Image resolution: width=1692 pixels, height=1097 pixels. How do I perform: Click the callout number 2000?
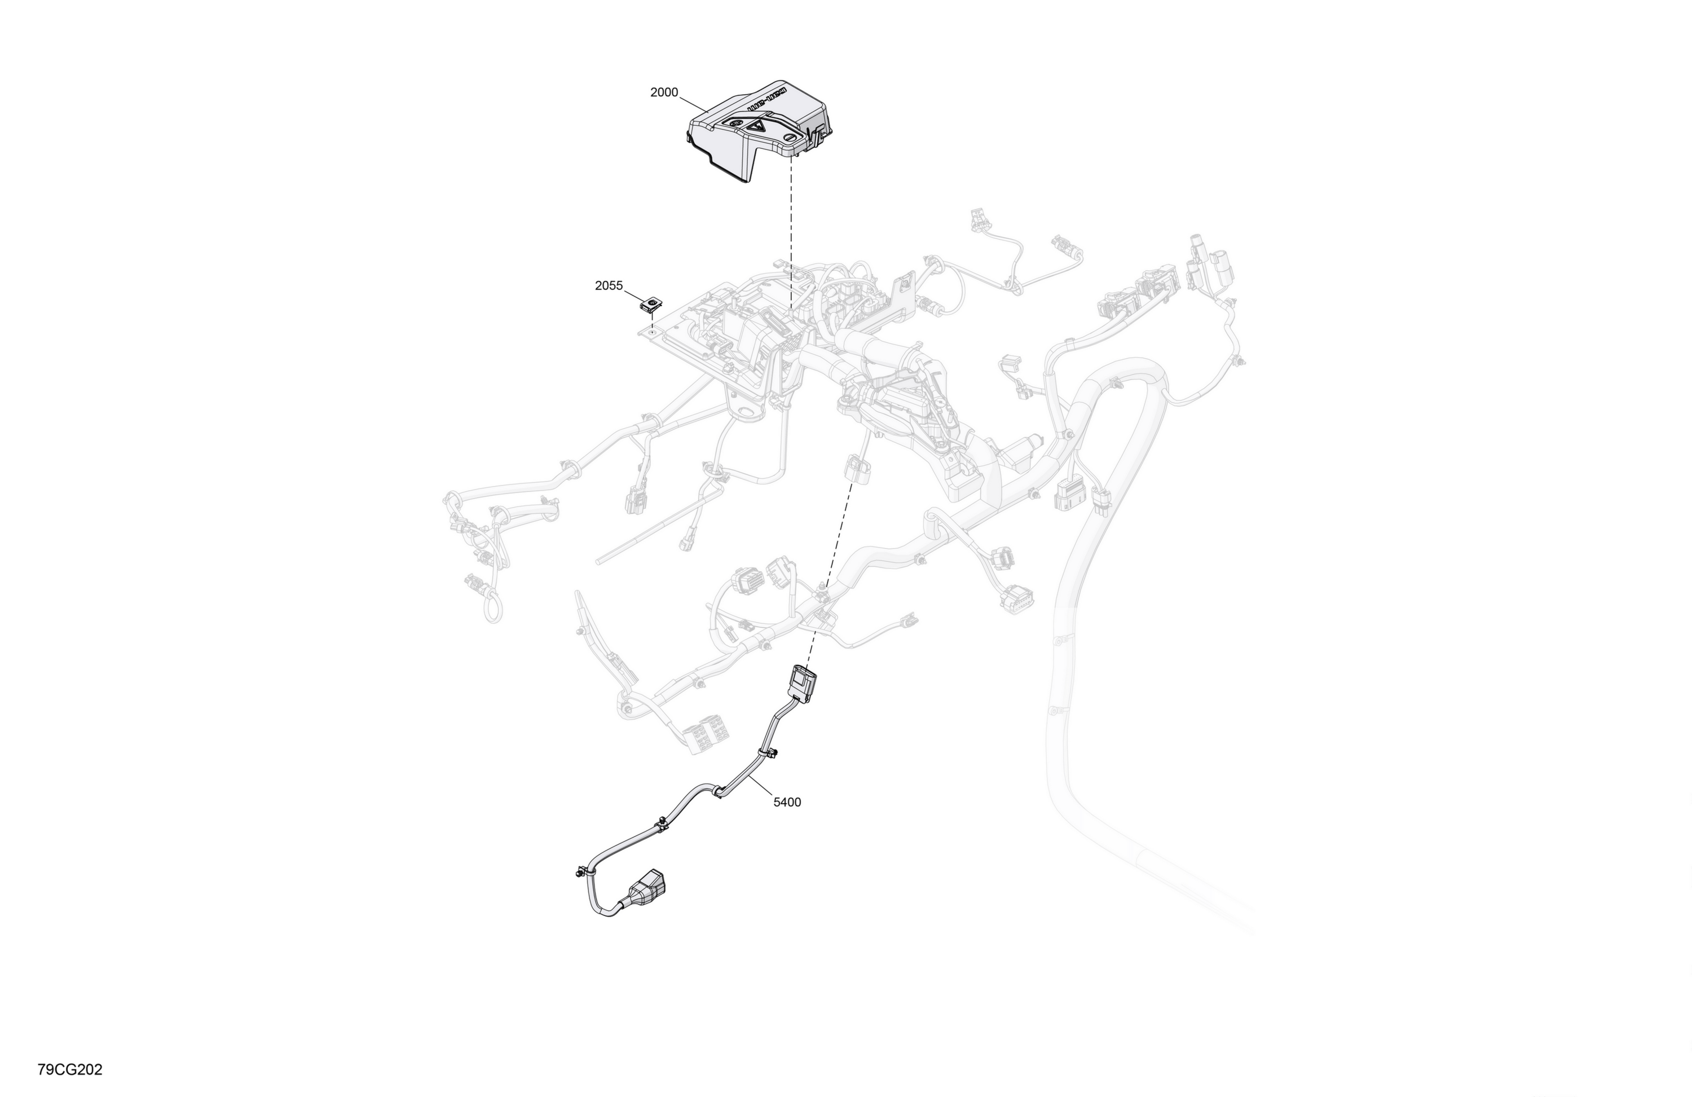point(664,92)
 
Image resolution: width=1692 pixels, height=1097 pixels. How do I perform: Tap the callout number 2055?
point(609,286)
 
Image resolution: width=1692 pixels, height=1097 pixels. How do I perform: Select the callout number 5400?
point(787,802)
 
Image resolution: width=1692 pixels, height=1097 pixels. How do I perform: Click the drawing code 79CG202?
point(70,1069)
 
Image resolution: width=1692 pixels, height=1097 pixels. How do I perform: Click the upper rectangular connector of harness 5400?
point(801,683)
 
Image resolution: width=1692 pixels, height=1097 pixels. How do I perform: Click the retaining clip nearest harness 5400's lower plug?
point(581,871)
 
